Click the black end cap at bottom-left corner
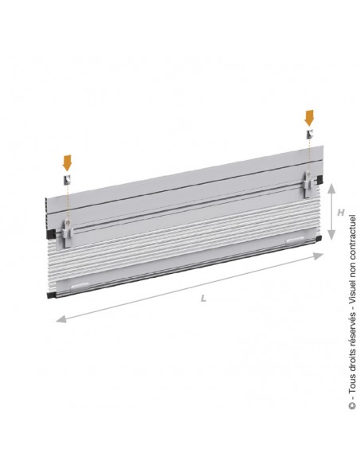pyautogui.click(x=49, y=294)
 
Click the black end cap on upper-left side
pyautogui.click(x=49, y=236)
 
